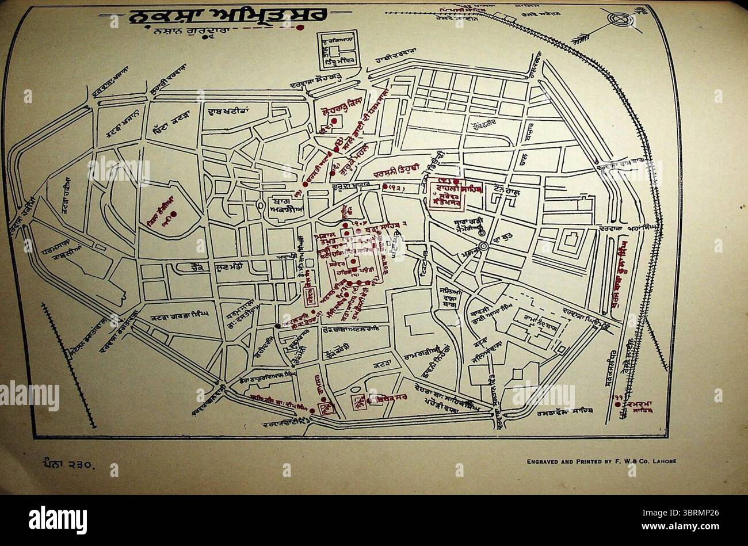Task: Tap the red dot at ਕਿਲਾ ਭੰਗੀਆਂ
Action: coord(173,215)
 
